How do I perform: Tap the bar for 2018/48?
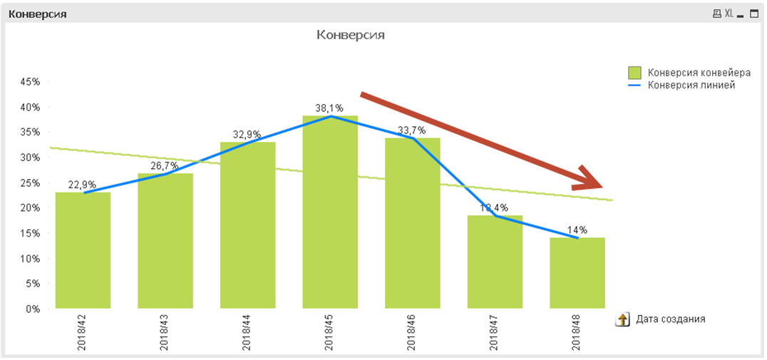coord(577,274)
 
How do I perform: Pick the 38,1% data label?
coord(329,109)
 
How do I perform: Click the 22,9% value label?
coord(83,185)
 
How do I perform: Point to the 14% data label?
coord(577,230)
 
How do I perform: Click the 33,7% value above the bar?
coord(411,130)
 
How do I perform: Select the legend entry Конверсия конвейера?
coord(699,73)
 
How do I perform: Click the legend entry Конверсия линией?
coord(691,85)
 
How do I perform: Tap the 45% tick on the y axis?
coord(30,82)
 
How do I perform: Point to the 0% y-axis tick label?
coord(33,309)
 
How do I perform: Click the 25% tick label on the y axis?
coord(30,183)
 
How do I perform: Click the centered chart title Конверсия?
coord(350,34)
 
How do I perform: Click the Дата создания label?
coord(670,319)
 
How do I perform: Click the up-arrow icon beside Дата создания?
coord(622,319)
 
